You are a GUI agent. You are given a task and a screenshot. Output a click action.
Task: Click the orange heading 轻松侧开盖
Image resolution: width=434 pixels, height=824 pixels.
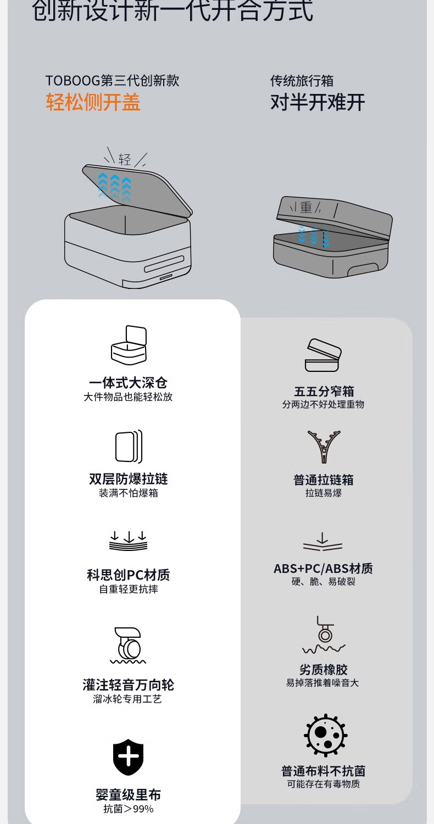[x=93, y=102]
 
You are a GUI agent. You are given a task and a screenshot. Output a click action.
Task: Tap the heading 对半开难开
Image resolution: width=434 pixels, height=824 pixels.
[x=317, y=102]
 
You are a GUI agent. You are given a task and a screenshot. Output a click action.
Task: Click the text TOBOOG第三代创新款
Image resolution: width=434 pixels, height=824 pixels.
[x=112, y=81]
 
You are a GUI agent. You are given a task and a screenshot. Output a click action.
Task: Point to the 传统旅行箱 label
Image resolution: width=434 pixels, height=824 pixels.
[x=302, y=81]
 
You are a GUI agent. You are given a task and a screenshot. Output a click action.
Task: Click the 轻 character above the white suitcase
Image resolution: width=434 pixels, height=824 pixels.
[x=125, y=159]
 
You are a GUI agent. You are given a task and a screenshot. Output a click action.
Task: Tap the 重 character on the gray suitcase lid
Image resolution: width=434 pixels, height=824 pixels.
[x=306, y=207]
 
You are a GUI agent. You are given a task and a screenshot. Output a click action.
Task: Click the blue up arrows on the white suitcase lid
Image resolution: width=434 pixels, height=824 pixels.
[x=115, y=185]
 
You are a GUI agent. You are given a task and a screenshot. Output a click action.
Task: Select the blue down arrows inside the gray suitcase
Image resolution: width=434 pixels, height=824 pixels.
[x=314, y=235]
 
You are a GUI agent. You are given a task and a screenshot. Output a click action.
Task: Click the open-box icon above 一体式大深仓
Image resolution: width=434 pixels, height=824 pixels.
[x=129, y=346]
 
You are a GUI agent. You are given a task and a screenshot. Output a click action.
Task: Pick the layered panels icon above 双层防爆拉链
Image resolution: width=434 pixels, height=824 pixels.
[x=129, y=446]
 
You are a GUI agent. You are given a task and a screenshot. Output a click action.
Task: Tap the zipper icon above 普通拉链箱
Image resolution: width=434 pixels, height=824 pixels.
[x=324, y=447]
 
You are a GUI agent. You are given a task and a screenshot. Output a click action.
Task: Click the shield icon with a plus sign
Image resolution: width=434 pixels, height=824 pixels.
[x=129, y=757]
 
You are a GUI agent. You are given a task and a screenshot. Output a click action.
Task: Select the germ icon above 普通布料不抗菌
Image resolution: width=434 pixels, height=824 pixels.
[x=326, y=735]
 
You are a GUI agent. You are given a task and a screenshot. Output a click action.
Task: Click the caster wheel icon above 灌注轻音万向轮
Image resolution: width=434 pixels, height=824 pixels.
[x=127, y=644]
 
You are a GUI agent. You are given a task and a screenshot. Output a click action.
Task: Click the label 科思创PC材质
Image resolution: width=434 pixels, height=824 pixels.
[x=129, y=575]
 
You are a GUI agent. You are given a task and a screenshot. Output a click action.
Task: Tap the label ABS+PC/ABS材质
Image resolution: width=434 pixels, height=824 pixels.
[x=323, y=569]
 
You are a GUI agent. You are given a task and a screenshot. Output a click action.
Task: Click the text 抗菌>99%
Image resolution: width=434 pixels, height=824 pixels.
[x=129, y=809]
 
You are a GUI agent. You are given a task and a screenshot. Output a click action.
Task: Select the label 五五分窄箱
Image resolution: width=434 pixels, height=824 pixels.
[x=324, y=392]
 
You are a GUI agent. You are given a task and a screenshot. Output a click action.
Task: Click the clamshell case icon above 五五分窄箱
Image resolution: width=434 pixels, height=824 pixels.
[x=323, y=355]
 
